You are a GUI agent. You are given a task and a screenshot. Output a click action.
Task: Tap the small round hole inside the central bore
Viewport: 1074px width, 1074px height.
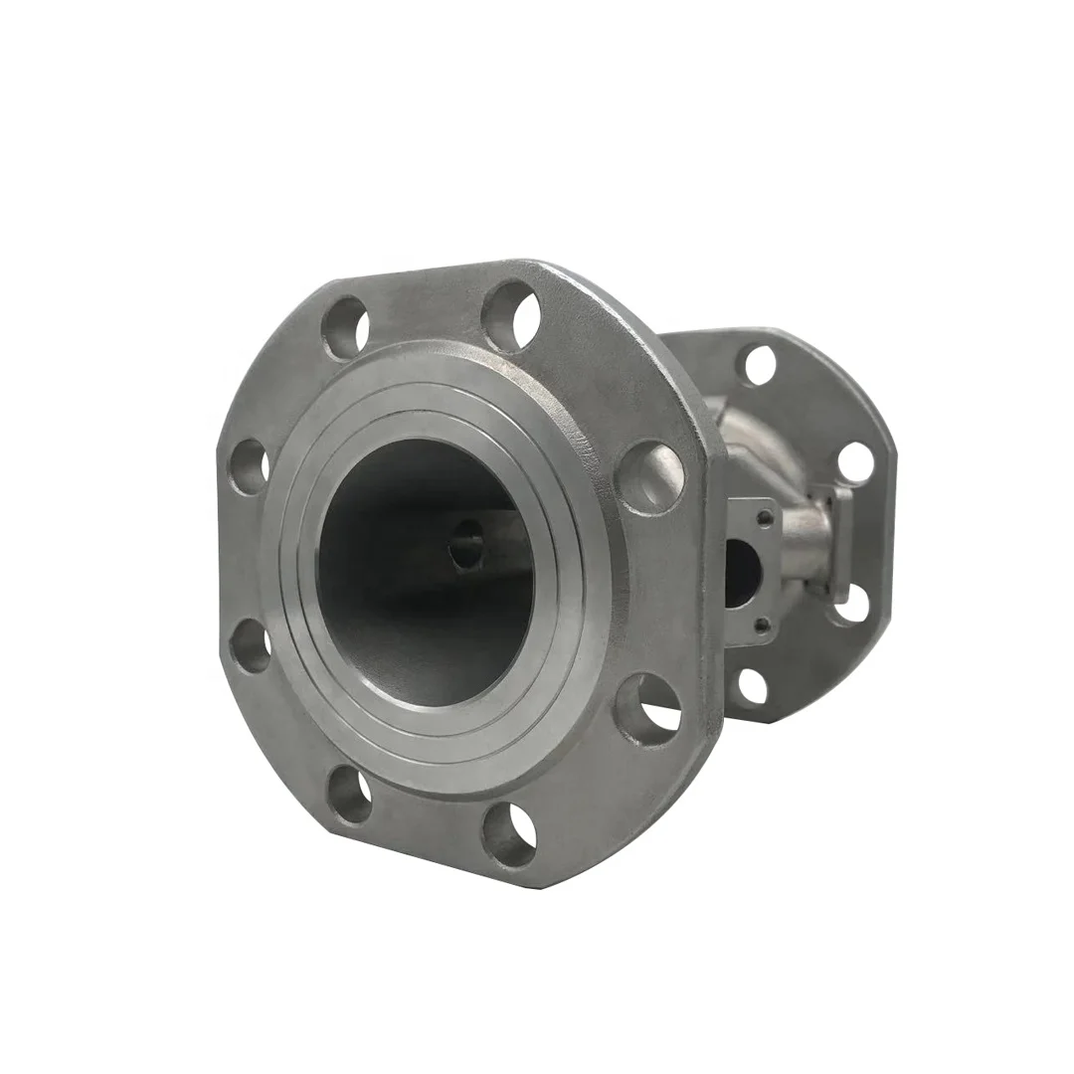(467, 545)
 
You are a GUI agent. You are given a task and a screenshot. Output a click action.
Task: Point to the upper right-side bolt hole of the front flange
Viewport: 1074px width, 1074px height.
(651, 475)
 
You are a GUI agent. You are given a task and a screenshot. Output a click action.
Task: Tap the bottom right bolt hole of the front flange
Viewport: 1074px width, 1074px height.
(509, 832)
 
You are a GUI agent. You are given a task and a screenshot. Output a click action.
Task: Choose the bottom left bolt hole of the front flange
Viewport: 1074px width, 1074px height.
(349, 796)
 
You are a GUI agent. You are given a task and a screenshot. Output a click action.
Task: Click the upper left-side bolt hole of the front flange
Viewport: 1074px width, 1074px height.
(250, 465)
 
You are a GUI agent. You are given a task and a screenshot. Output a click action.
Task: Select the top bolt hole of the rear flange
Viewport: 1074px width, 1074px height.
(759, 365)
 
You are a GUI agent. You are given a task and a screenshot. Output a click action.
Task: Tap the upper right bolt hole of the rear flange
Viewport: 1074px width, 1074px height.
(854, 462)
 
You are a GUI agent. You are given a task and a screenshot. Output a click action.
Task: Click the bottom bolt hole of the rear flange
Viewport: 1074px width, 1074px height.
(753, 685)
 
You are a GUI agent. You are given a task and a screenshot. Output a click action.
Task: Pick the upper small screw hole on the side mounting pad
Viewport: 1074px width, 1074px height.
(764, 517)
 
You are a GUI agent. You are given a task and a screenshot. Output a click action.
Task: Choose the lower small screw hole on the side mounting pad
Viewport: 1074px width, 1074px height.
(761, 625)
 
